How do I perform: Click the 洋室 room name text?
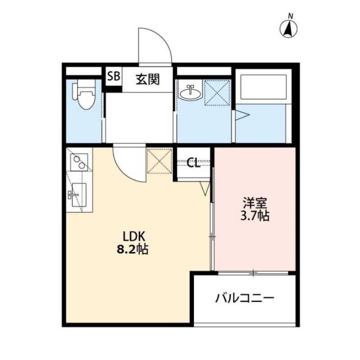pyautogui.click(x=254, y=202)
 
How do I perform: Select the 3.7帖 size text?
pyautogui.click(x=254, y=216)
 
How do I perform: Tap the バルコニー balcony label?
pyautogui.click(x=244, y=297)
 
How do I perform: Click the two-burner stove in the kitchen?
pyautogui.click(x=79, y=162)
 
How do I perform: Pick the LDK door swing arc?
pyautogui.click(x=128, y=162)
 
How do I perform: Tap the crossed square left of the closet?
pyautogui.click(x=159, y=161)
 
